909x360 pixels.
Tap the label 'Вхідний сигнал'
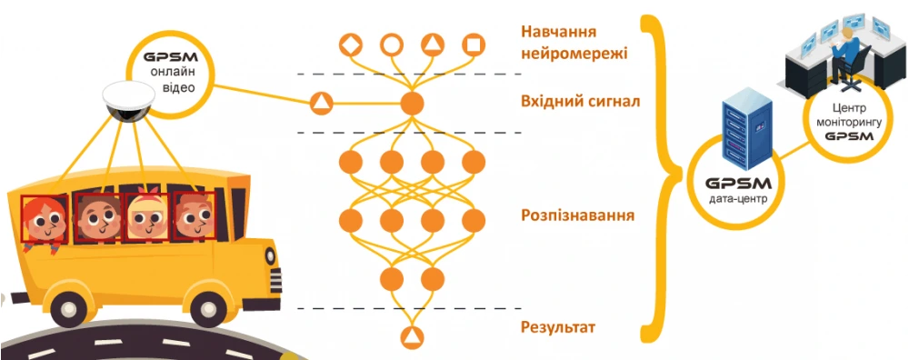[580, 101]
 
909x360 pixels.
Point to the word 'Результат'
[558, 326]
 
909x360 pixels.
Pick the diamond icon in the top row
[351, 44]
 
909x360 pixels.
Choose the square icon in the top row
[472, 44]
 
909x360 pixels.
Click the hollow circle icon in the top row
[391, 44]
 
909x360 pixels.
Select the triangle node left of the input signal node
[321, 103]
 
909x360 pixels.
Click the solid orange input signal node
[412, 103]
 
